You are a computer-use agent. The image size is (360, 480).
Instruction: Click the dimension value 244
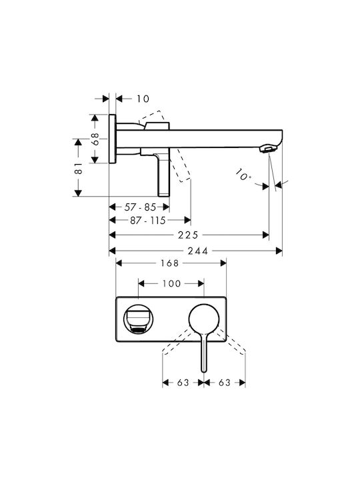(198, 251)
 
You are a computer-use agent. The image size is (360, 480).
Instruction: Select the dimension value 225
(188, 235)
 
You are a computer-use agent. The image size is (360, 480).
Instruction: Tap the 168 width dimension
(169, 263)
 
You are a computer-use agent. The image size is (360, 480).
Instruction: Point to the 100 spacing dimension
(171, 283)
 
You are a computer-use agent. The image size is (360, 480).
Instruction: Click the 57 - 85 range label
(140, 207)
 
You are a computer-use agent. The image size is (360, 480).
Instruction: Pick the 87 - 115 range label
(148, 221)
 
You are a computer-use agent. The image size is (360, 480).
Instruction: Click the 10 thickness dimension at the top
(143, 99)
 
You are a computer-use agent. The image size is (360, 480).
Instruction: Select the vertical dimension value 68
(95, 139)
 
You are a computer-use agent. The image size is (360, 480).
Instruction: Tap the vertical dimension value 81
(79, 168)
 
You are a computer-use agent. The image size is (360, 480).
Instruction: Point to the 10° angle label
(243, 175)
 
